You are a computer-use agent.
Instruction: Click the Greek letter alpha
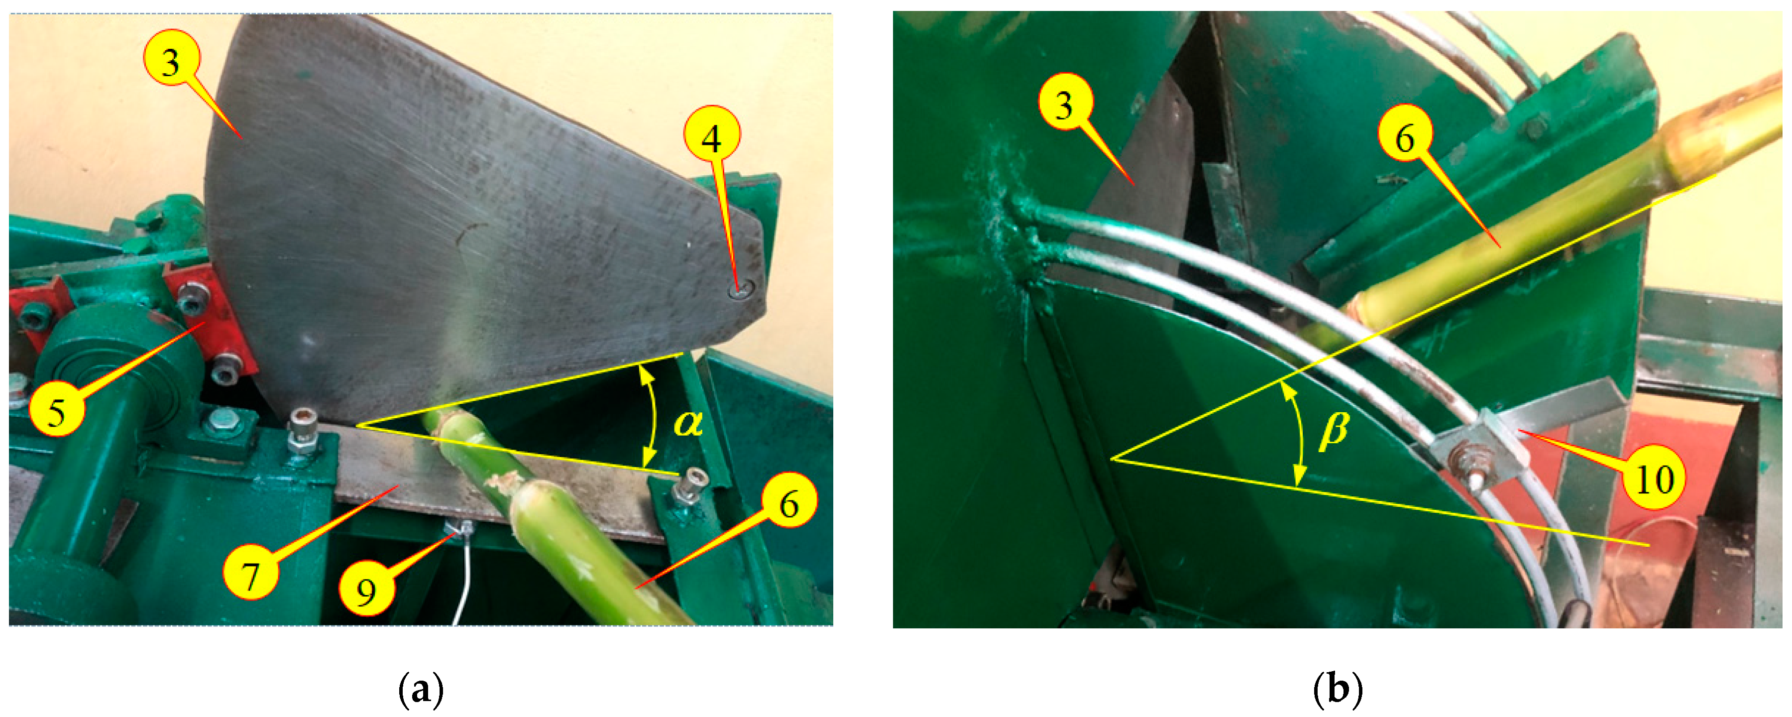[x=688, y=422]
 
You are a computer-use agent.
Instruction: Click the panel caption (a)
[x=421, y=689]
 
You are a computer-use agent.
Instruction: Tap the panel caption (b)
[x=1337, y=689]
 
